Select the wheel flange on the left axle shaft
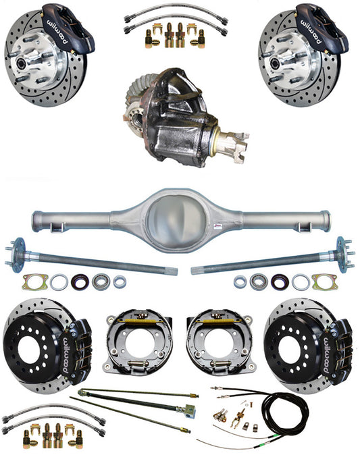click(x=16, y=254)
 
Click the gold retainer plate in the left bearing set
click(x=33, y=279)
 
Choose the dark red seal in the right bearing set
click(x=277, y=282)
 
